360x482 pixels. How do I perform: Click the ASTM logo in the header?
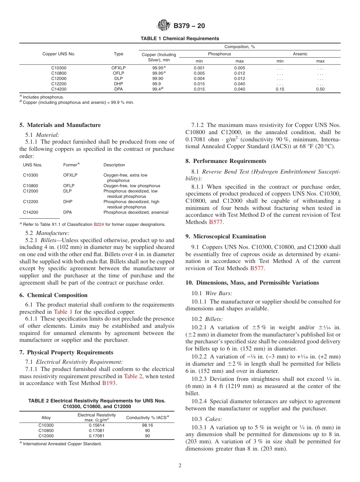pyautogui.click(x=164, y=26)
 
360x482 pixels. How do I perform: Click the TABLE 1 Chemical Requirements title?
pyautogui.click(x=180, y=39)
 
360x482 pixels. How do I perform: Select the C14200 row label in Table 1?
pyautogui.click(x=59, y=89)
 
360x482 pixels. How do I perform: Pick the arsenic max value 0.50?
pyautogui.click(x=320, y=89)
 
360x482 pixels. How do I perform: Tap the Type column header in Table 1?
pyautogui.click(x=119, y=54)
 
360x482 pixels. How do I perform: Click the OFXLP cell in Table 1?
pyautogui.click(x=118, y=68)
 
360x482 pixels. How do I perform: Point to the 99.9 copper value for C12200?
pyautogui.click(x=156, y=84)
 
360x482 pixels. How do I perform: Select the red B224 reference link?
pyautogui.click(x=98, y=225)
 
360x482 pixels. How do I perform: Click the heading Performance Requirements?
pyautogui.click(x=226, y=161)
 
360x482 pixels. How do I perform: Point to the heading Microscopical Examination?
pyautogui.click(x=225, y=236)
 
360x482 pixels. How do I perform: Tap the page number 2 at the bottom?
pyautogui.click(x=180, y=466)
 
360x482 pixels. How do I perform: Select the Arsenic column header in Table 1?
pyautogui.click(x=300, y=54)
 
